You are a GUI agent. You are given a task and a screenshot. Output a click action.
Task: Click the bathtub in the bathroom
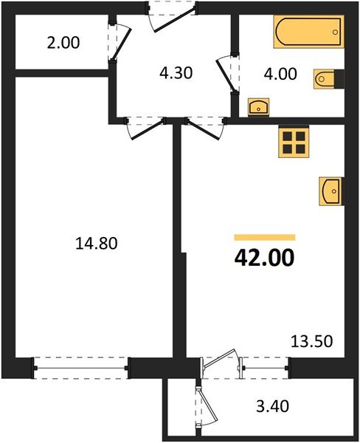pos(308,33)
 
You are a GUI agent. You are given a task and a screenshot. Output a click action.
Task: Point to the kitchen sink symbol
pos(330,191)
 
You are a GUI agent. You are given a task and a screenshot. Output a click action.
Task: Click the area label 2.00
pos(63,43)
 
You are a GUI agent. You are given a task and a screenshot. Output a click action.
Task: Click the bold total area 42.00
pos(263,257)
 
